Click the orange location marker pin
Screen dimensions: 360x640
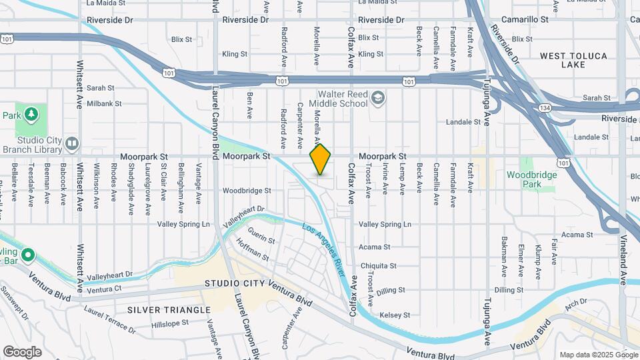(321, 159)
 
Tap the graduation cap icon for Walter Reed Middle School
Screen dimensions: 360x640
(379, 99)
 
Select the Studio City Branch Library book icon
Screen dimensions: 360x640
(72, 143)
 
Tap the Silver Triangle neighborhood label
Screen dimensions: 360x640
(169, 309)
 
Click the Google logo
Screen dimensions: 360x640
(22, 351)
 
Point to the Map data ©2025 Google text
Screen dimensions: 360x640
(598, 355)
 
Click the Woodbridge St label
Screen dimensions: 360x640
(247, 190)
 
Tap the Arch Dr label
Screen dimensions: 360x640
(574, 305)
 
